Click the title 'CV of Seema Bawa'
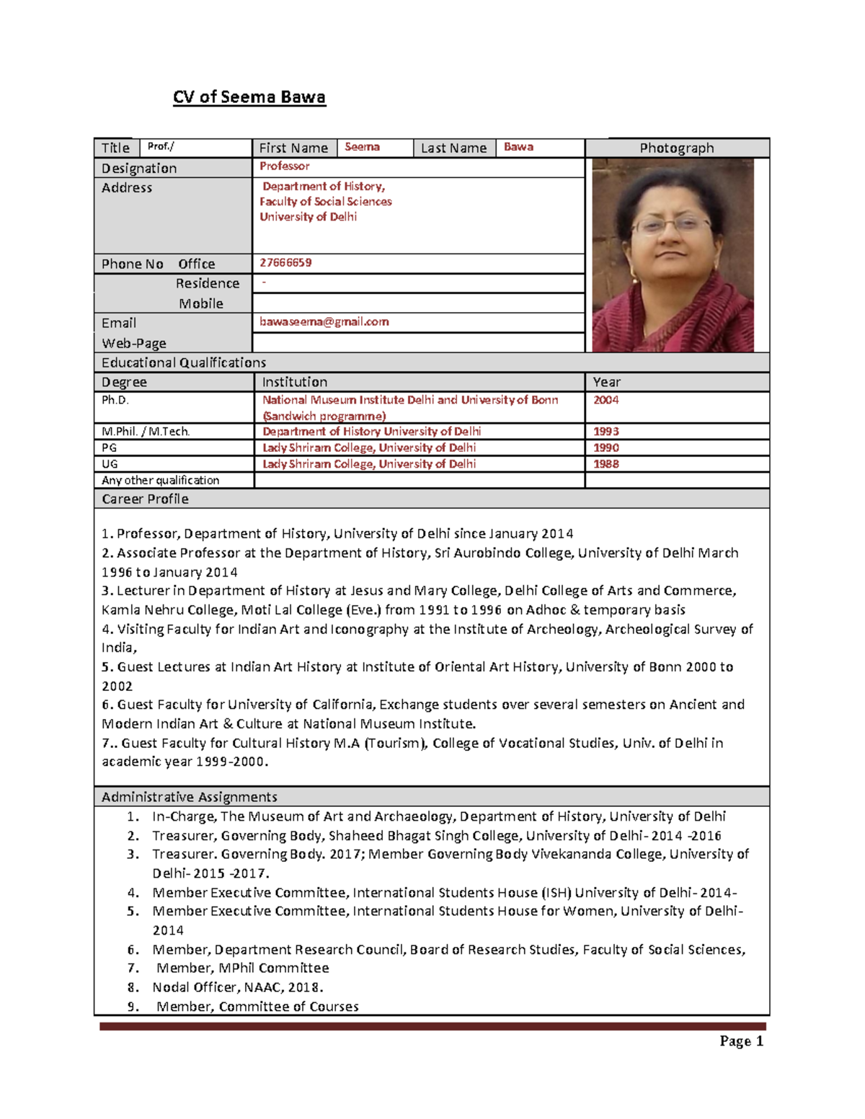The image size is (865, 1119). point(249,97)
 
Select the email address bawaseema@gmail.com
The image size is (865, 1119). point(324,322)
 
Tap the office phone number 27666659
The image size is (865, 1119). point(285,263)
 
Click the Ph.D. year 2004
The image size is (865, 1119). point(605,400)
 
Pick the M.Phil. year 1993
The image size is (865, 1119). point(605,432)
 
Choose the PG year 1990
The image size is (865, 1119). point(605,447)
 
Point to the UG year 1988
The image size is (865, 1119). point(605,464)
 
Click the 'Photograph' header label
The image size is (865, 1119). point(676,148)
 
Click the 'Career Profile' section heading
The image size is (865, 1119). point(145,499)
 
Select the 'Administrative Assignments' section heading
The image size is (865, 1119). point(189,797)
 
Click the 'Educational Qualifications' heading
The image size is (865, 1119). point(183,362)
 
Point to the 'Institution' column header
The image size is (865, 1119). point(294,382)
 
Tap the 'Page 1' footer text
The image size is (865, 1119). point(741,1041)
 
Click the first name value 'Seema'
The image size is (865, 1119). point(362,147)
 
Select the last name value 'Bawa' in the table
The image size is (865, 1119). point(518,147)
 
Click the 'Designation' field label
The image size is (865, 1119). point(139,169)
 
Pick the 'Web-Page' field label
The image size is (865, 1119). point(133,343)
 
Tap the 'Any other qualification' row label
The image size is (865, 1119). point(160,481)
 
